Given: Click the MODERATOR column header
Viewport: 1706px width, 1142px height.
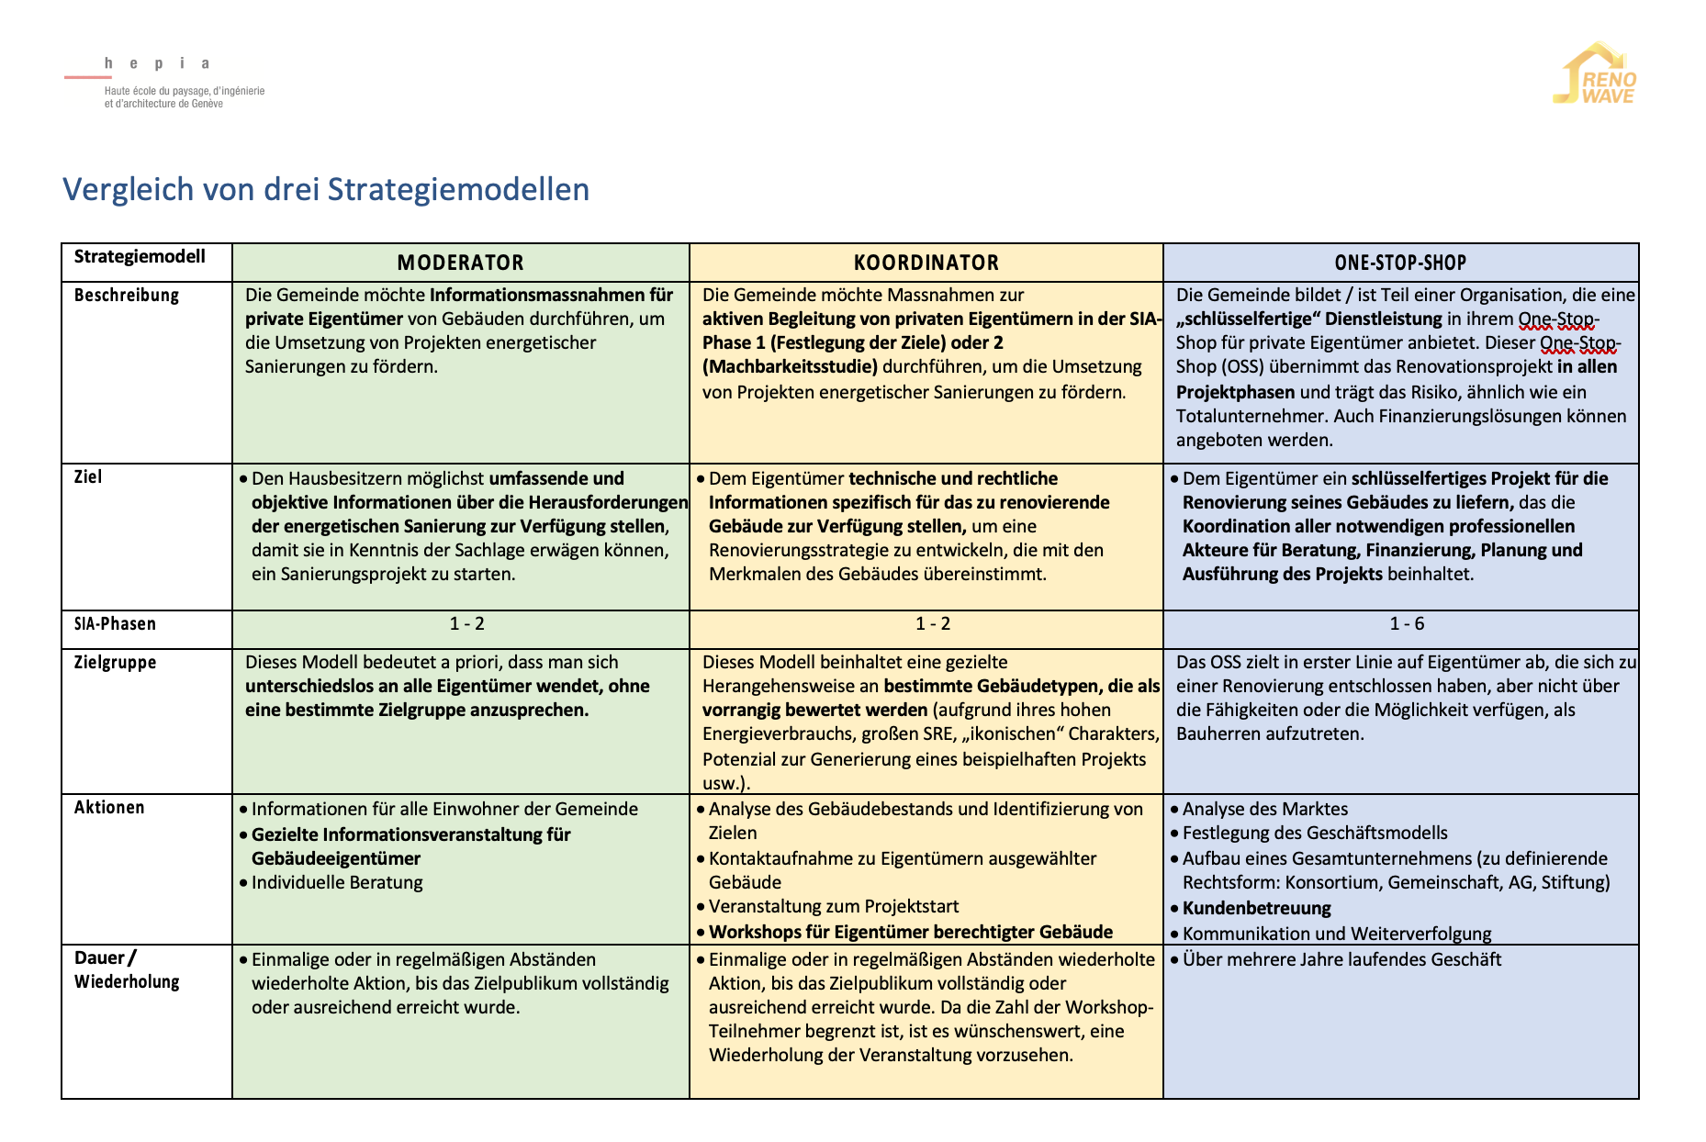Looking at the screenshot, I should tap(460, 263).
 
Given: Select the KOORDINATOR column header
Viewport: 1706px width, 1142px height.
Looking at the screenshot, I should tap(926, 263).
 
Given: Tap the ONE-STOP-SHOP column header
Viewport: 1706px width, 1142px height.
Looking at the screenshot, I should tap(1400, 263).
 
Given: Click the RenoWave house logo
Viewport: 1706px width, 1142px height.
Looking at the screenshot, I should tap(1597, 73).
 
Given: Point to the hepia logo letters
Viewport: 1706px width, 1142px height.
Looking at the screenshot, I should tap(157, 63).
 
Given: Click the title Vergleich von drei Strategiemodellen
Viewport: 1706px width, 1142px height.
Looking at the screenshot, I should tap(326, 189).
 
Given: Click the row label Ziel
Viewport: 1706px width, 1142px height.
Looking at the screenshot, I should tap(88, 476).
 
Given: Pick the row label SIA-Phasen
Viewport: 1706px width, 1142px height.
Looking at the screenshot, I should tap(115, 623).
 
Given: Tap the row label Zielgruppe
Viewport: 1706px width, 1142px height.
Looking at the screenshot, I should tap(115, 662).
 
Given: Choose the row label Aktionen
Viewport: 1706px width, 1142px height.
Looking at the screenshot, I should tap(109, 807).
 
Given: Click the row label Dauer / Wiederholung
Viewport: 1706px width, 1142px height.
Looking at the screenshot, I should tap(127, 969).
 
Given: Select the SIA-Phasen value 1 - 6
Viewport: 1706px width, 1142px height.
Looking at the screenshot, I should tap(1407, 623).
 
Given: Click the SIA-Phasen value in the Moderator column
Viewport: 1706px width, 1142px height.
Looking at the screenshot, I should tap(466, 623).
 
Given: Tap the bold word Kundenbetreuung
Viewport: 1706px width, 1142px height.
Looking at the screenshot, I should tap(1256, 908).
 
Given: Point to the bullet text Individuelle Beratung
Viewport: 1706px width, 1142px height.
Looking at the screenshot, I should tap(337, 882).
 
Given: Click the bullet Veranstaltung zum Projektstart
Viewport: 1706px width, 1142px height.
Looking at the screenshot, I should tap(834, 906).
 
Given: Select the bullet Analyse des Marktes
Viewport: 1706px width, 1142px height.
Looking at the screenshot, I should tap(1265, 809).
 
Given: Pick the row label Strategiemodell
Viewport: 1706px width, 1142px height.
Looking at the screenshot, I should tap(140, 256).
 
